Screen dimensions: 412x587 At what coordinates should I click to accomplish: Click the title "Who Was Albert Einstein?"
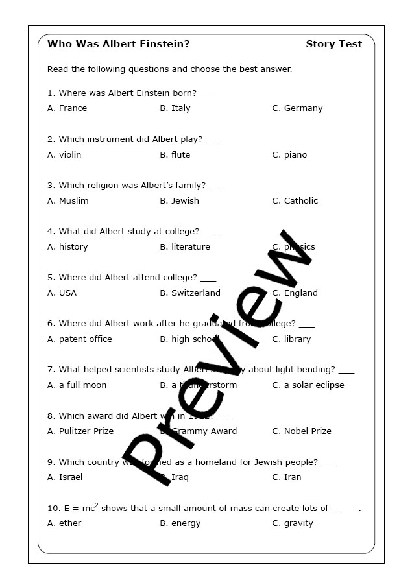point(119,44)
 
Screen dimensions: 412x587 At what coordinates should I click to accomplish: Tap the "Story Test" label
point(333,44)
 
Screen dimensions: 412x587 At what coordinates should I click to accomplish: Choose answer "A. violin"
point(64,155)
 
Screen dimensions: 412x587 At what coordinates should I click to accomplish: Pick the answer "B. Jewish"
point(179,201)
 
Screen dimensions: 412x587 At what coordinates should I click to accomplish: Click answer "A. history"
point(67,247)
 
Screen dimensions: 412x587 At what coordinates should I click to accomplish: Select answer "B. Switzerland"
point(190,293)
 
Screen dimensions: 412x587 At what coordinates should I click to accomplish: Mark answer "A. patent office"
point(80,339)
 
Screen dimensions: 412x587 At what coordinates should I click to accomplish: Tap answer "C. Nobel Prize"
point(302,431)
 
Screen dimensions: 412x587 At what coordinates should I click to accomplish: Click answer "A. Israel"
point(65,477)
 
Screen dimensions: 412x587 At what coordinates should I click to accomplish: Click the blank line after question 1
point(208,95)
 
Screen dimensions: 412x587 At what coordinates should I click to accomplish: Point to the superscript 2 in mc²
point(97,505)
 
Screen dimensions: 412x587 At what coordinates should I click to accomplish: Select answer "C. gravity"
point(293,523)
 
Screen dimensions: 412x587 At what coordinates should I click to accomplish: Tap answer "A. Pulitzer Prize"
point(80,431)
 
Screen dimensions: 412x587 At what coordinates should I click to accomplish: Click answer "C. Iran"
point(287,477)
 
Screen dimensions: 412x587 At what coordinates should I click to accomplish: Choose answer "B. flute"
point(175,155)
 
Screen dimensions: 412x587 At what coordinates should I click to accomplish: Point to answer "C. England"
point(295,293)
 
